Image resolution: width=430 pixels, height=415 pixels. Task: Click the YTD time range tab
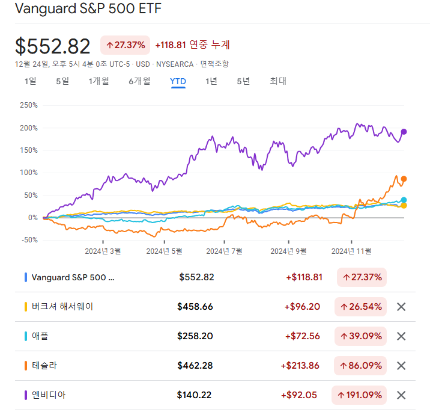point(178,81)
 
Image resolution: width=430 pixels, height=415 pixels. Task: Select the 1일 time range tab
point(30,81)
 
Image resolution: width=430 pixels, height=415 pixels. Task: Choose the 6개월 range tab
point(139,81)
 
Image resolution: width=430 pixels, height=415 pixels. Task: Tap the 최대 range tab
point(278,81)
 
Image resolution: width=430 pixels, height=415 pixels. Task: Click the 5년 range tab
point(243,81)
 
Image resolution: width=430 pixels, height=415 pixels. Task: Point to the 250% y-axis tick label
point(28,105)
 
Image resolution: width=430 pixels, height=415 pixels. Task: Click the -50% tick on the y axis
point(28,240)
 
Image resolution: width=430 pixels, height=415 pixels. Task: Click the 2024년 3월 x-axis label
point(103,251)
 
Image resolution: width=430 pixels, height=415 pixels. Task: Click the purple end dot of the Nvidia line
point(404,132)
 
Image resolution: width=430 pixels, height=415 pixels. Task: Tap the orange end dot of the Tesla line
point(404,179)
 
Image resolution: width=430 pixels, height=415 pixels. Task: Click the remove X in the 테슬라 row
point(402,366)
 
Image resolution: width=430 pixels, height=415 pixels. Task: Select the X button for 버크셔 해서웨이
point(402,307)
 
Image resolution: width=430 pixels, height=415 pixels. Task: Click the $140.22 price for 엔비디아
point(195,395)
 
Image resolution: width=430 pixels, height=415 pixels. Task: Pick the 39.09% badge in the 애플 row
point(361,336)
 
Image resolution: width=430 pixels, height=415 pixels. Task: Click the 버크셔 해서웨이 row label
point(62,307)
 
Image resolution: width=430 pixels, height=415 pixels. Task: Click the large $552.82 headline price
point(53,46)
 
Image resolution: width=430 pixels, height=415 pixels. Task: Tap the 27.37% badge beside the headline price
point(125,45)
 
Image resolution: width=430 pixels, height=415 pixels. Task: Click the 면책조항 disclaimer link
point(214,64)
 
